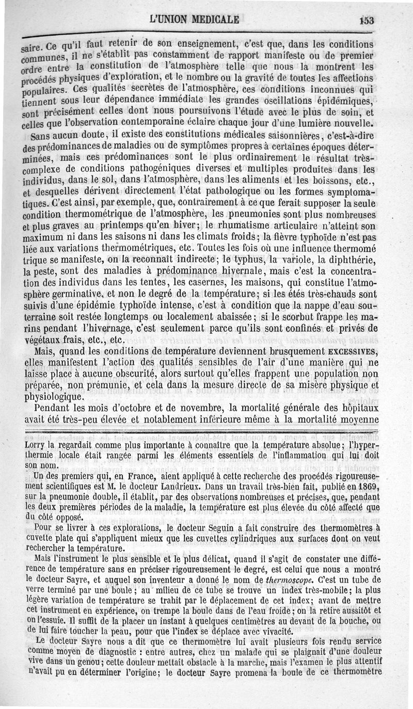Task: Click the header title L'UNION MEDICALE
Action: [x=194, y=20]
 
